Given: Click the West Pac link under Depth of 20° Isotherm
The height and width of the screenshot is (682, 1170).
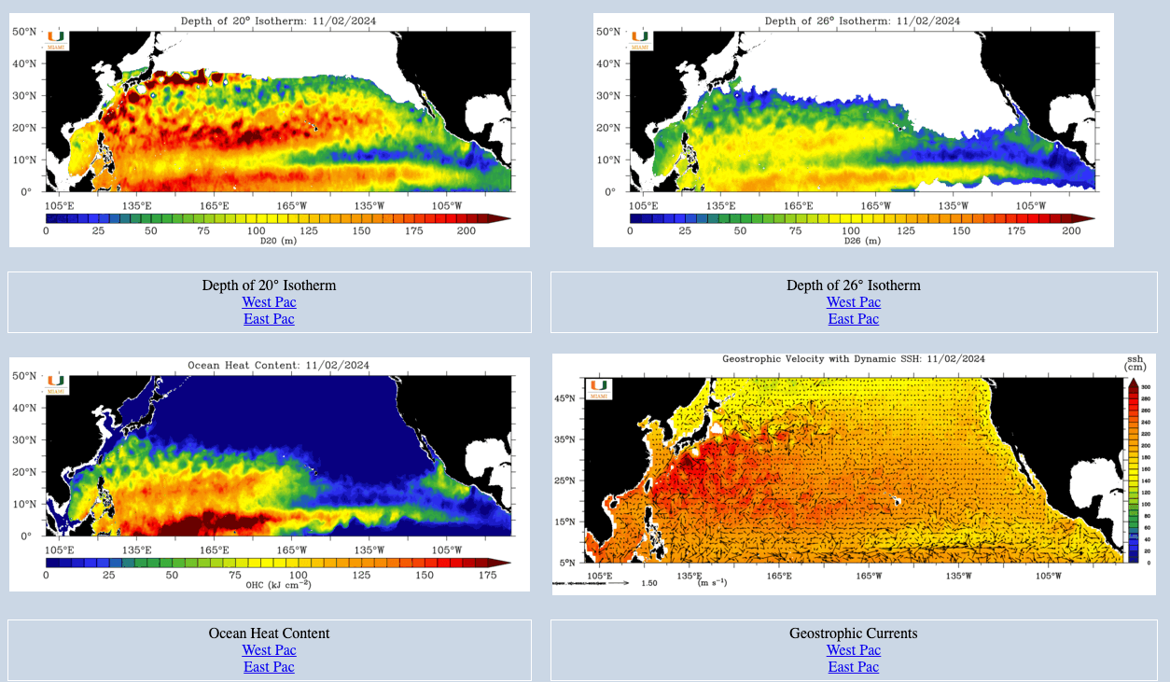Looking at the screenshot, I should [269, 302].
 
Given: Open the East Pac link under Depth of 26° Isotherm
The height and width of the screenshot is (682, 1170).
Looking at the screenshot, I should [853, 319].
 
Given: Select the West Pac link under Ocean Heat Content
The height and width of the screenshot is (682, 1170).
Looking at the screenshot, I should [269, 650].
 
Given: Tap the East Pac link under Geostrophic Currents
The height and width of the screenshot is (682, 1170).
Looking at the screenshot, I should [853, 667].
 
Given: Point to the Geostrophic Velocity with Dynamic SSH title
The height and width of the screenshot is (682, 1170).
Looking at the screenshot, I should [853, 358].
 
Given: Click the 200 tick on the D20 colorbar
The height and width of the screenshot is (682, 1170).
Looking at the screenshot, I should [466, 230].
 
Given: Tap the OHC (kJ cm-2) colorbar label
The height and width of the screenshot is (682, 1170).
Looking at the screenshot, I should [278, 585].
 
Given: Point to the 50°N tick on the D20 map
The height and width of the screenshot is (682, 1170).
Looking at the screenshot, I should [24, 32].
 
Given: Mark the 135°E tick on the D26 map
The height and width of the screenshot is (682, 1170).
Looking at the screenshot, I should [720, 206].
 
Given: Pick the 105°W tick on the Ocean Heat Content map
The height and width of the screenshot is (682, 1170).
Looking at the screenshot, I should [446, 550].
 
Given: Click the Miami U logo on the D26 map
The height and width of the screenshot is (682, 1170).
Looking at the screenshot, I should [640, 40].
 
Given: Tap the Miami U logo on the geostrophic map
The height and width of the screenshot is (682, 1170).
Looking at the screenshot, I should [598, 388].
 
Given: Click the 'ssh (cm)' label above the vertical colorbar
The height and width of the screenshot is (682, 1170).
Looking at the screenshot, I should [1135, 363].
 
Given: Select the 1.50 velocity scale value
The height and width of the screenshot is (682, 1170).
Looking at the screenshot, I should [650, 583].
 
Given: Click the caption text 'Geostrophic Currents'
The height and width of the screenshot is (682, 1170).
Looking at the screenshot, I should [853, 633].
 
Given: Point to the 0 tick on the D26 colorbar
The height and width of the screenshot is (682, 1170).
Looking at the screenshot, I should [630, 230].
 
